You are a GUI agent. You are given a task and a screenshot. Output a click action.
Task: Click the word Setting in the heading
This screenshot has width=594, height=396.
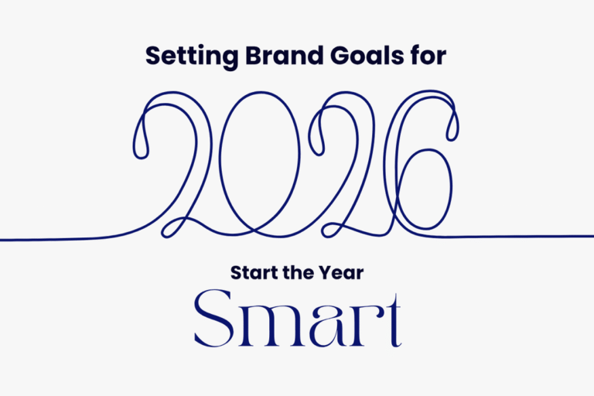(x=179, y=56)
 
